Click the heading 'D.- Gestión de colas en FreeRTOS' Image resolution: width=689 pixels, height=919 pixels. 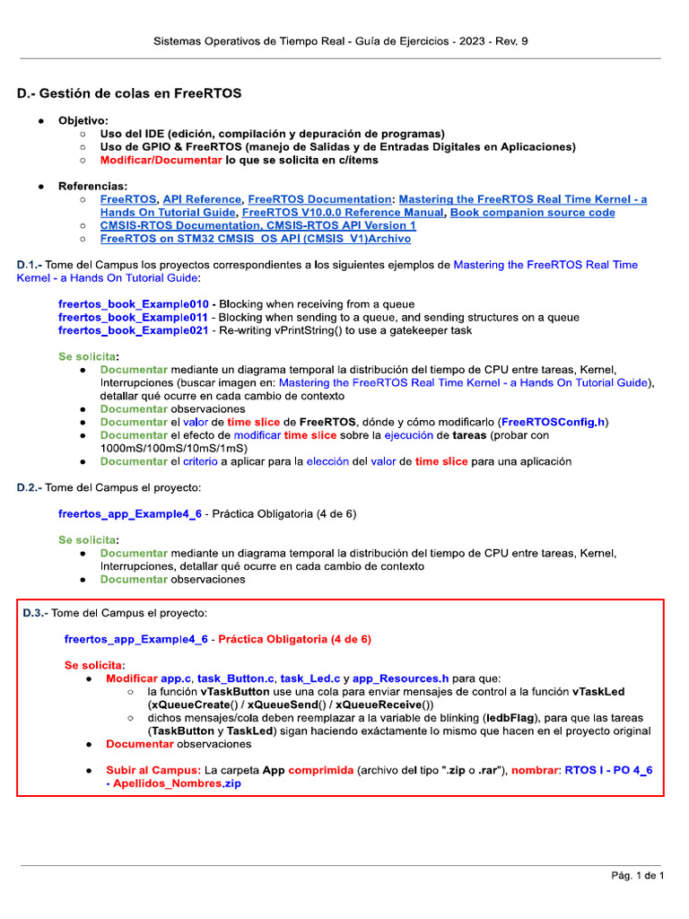tap(129, 93)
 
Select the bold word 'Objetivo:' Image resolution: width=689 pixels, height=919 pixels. tap(83, 120)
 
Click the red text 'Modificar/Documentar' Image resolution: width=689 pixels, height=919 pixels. tap(161, 160)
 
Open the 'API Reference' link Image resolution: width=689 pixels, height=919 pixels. tap(202, 199)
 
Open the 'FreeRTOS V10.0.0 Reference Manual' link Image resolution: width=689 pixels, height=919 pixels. tap(343, 213)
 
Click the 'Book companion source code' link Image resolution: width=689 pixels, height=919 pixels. tap(532, 213)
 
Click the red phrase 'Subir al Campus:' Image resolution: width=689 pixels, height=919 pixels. tap(153, 770)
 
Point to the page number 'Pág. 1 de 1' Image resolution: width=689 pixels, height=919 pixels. tap(636, 875)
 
